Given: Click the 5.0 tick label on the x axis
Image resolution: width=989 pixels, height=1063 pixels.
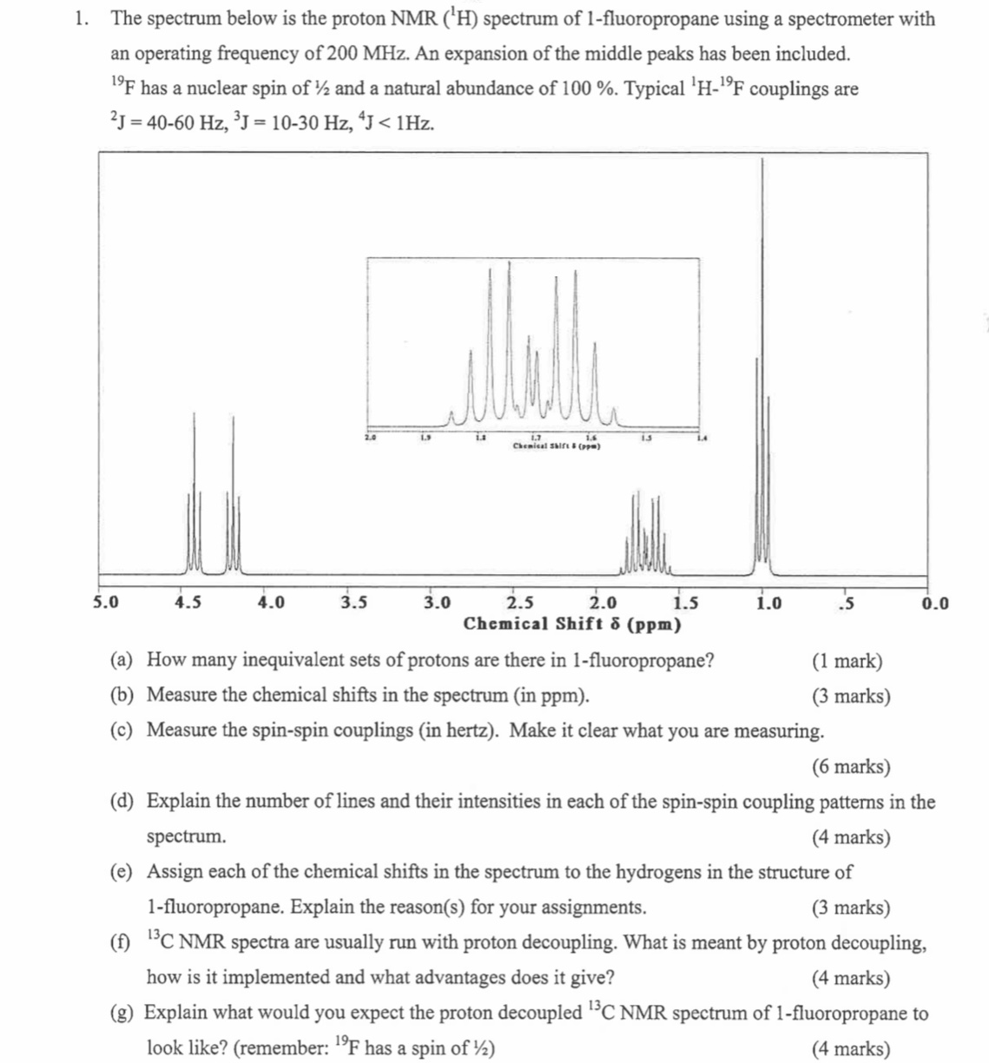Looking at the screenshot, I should (x=106, y=602).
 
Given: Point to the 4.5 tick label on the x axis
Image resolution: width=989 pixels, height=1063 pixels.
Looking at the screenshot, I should (x=188, y=602).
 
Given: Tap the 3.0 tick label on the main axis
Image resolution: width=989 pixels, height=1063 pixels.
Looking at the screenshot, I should (x=437, y=602).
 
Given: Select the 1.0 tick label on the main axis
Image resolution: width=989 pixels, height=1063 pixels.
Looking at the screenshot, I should (x=768, y=602).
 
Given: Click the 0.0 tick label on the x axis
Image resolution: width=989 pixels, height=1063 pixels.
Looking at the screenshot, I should (x=934, y=602).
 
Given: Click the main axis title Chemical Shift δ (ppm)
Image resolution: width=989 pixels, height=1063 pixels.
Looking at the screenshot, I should (x=572, y=624).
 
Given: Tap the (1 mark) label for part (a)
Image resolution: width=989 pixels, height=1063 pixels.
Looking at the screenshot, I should (x=847, y=661).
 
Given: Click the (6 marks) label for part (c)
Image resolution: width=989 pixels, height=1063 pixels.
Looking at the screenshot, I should (x=850, y=767).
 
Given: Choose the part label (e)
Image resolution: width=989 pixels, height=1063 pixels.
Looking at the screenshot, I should (x=122, y=872).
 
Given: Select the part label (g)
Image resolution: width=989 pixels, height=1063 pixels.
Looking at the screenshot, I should (x=122, y=1013).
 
